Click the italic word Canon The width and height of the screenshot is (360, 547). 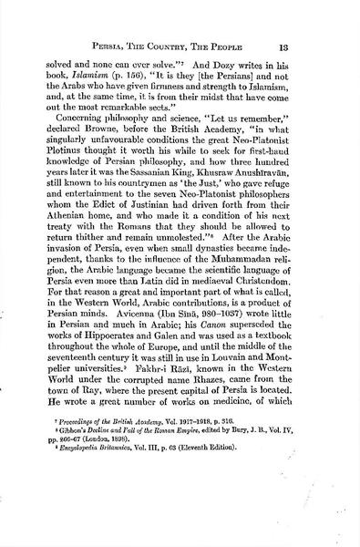coord(231,364)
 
